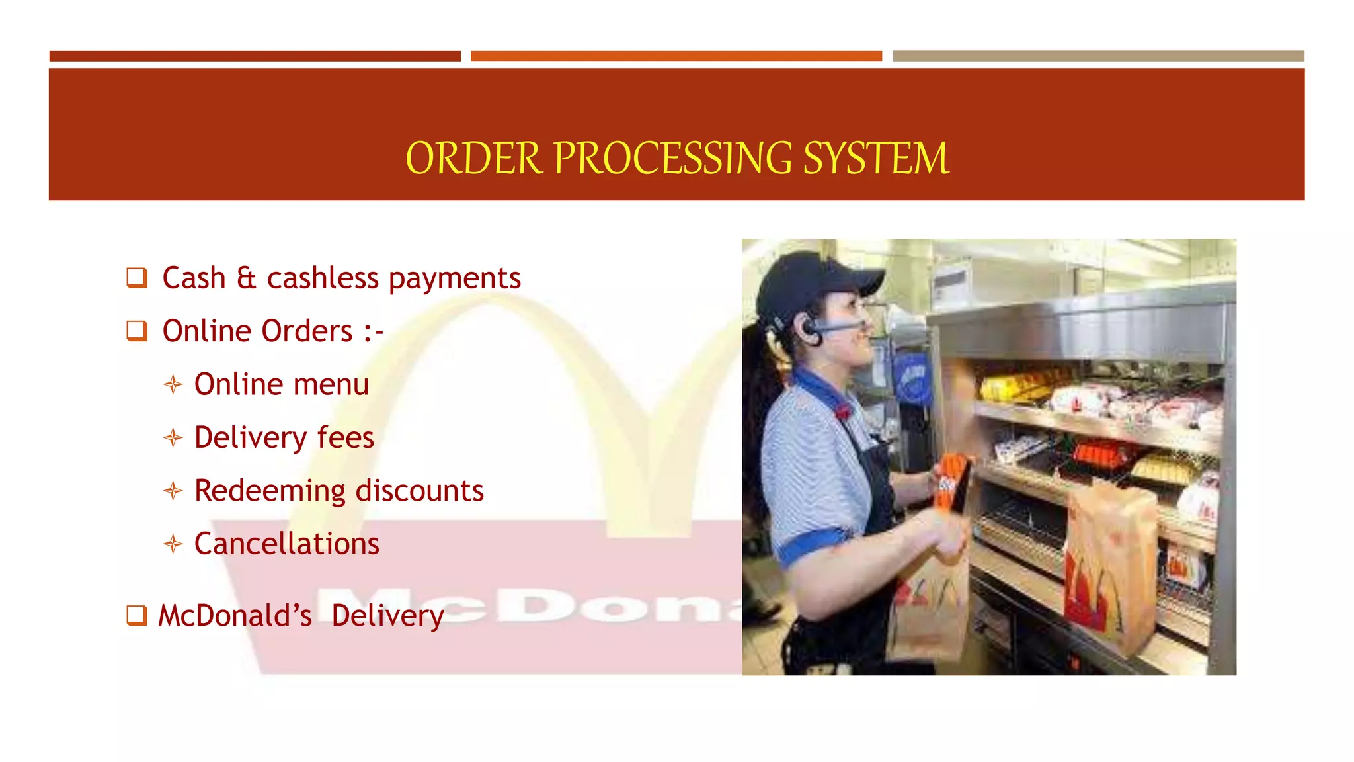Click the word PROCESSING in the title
point(673,159)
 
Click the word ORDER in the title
point(473,159)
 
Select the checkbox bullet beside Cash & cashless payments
point(137,277)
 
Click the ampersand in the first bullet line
point(246,278)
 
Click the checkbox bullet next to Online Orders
point(137,330)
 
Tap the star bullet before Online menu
point(173,384)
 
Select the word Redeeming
point(270,491)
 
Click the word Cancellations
point(286,544)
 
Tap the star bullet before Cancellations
point(173,544)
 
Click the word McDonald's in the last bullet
point(235,616)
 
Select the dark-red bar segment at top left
point(255,56)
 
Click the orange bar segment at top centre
point(676,56)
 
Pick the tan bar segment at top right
point(1098,56)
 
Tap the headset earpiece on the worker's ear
point(812,329)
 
